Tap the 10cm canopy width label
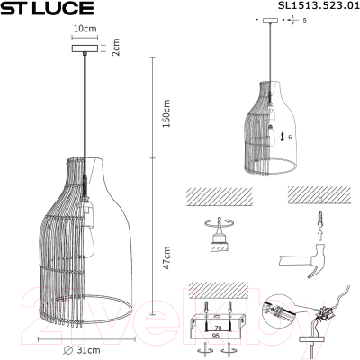84,29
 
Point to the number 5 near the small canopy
305,19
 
